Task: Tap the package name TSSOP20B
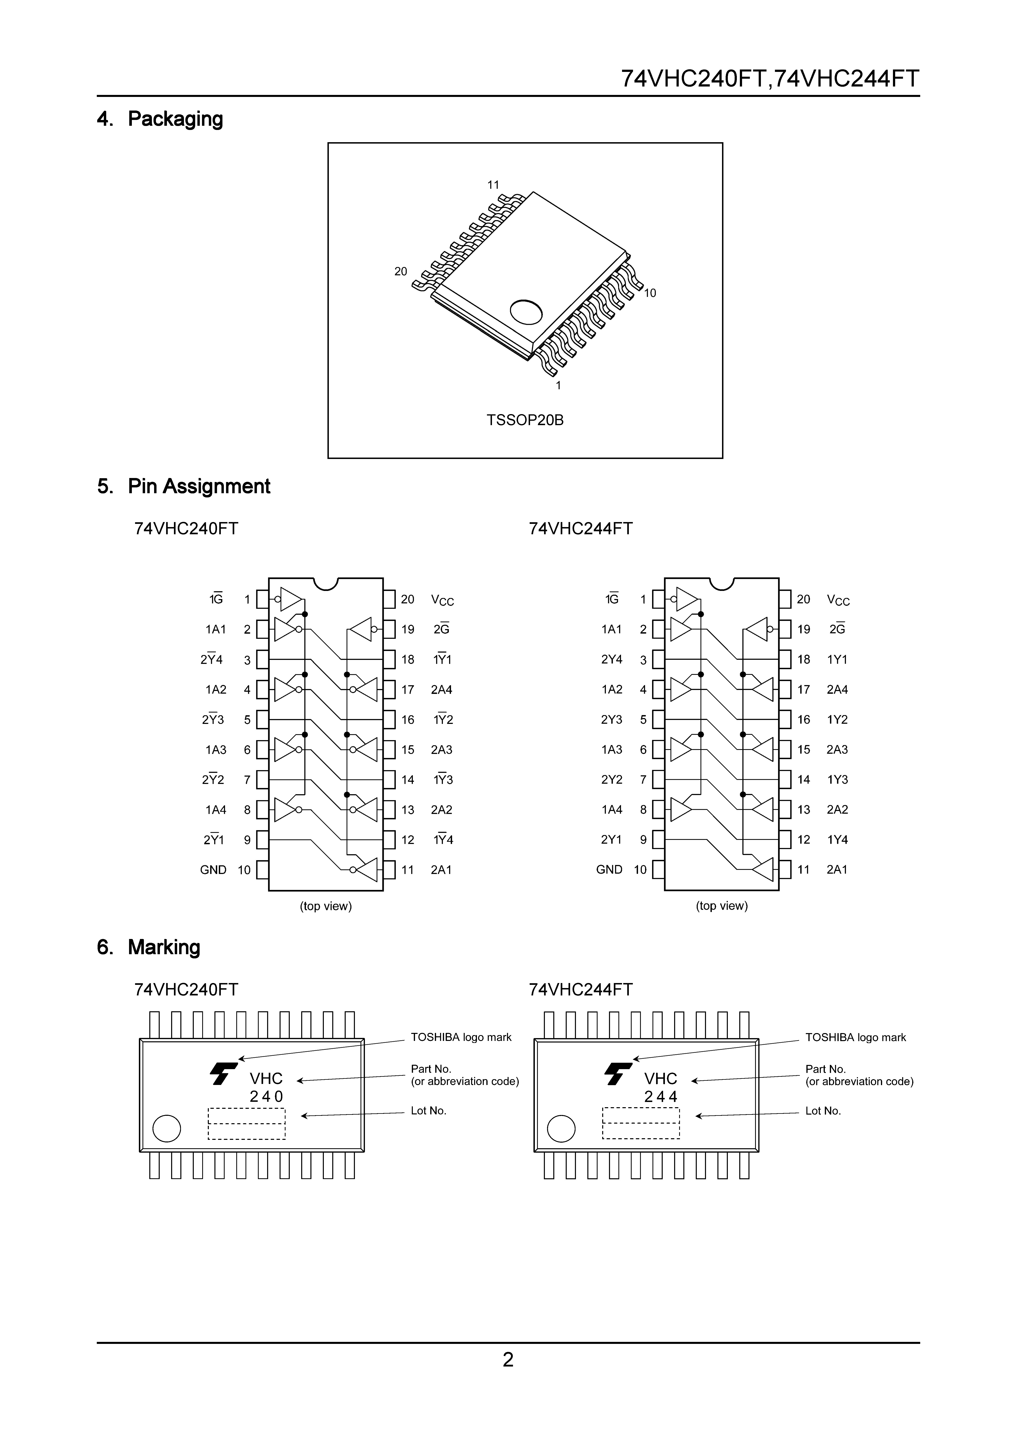[x=525, y=420]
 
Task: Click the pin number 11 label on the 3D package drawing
[x=493, y=185]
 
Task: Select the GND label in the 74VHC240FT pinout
[x=213, y=870]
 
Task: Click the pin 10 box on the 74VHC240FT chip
[x=263, y=870]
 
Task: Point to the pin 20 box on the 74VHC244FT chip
[x=785, y=599]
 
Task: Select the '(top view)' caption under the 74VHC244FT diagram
[x=722, y=906]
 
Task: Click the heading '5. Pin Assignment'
[x=184, y=487]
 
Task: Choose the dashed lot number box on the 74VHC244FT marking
[x=641, y=1123]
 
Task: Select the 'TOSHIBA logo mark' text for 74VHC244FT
[x=855, y=1038]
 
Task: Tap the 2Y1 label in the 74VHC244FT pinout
[x=612, y=840]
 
